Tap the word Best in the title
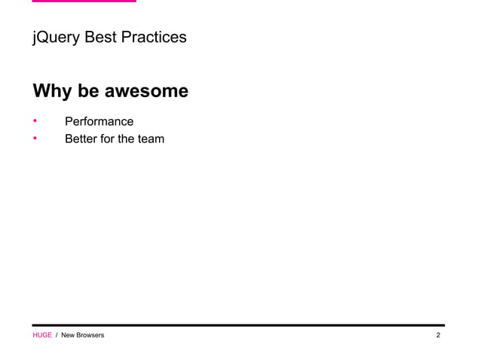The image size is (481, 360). tap(101, 37)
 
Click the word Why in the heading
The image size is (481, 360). tap(52, 92)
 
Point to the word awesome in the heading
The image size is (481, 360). tap(146, 92)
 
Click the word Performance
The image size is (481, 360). tap(99, 121)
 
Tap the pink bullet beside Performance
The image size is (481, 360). tap(34, 121)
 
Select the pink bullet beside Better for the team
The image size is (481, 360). tap(34, 139)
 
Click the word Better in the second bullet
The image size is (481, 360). tap(81, 139)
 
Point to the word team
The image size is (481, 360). tap(151, 139)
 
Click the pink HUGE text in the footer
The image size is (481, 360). tap(42, 334)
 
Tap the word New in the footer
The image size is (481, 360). tap(69, 334)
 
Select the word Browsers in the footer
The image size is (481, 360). tap(90, 334)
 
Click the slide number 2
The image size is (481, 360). tap(438, 334)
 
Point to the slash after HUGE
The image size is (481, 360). tap(57, 334)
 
